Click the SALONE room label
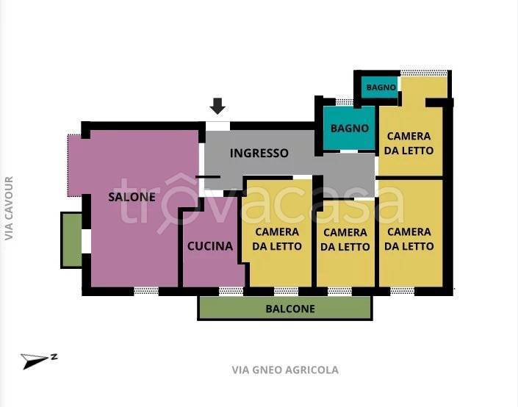point(132,197)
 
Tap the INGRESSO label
point(259,153)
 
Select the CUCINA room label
point(209,246)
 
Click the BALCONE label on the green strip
point(289,309)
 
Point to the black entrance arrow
point(217,107)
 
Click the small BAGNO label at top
point(381,87)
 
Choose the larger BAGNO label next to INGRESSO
point(350,128)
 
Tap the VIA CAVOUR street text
point(9,208)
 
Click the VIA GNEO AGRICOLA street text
point(285,370)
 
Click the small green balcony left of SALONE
point(71,239)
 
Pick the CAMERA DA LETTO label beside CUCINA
point(276,239)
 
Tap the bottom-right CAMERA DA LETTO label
point(409,239)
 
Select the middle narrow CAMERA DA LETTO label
point(345,239)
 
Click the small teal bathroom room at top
point(379,87)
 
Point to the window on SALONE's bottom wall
point(146,291)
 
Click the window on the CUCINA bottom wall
point(231,291)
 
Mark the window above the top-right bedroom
point(424,73)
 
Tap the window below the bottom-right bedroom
point(402,291)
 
